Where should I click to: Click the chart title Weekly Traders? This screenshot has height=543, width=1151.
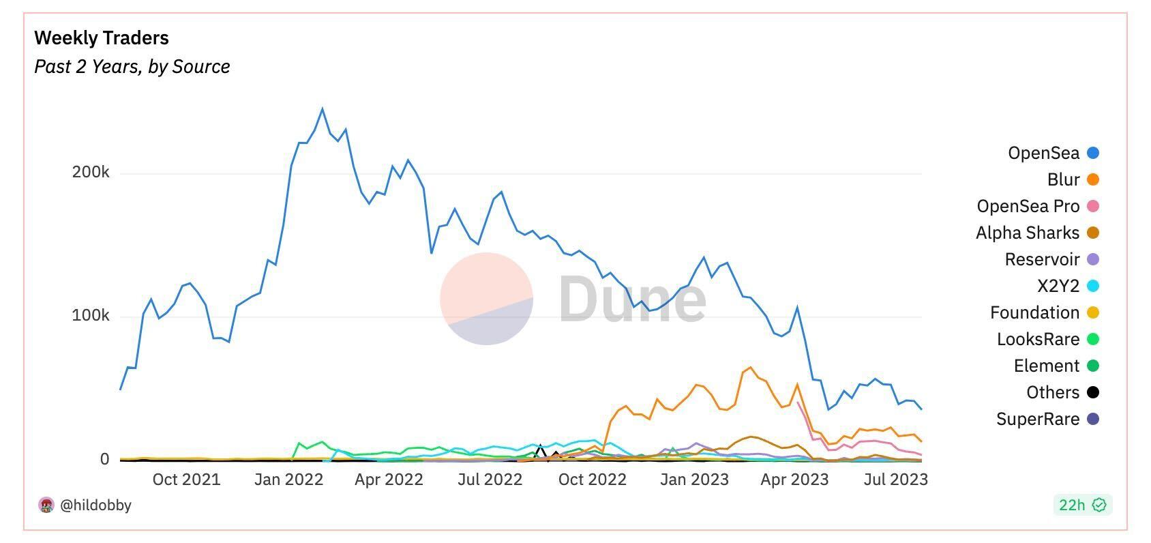tap(102, 38)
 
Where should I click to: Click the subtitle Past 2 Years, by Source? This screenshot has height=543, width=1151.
tap(132, 67)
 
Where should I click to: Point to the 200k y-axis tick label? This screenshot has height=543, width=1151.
tap(91, 173)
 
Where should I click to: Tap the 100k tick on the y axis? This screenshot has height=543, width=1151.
tap(91, 316)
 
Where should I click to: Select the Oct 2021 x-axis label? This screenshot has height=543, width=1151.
tap(186, 480)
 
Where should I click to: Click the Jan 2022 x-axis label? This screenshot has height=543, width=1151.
tap(288, 480)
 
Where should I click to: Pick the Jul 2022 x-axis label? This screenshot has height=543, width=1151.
tap(490, 480)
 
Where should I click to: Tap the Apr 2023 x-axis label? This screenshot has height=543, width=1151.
tap(794, 480)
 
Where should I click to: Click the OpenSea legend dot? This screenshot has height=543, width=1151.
tap(1092, 153)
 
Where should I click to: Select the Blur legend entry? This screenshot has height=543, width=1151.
tap(1063, 179)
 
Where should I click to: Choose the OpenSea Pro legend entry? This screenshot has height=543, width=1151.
tap(1028, 206)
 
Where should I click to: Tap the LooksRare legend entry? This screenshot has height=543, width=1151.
tap(1038, 339)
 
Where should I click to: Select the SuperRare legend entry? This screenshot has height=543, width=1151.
tap(1037, 419)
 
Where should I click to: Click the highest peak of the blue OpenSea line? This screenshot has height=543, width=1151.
tap(323, 108)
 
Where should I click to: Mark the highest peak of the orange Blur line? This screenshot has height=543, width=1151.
tap(751, 368)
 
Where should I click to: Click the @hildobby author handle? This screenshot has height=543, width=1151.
tap(95, 505)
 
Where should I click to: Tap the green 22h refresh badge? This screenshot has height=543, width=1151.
tap(1081, 505)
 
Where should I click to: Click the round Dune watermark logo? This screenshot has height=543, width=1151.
tap(486, 299)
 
